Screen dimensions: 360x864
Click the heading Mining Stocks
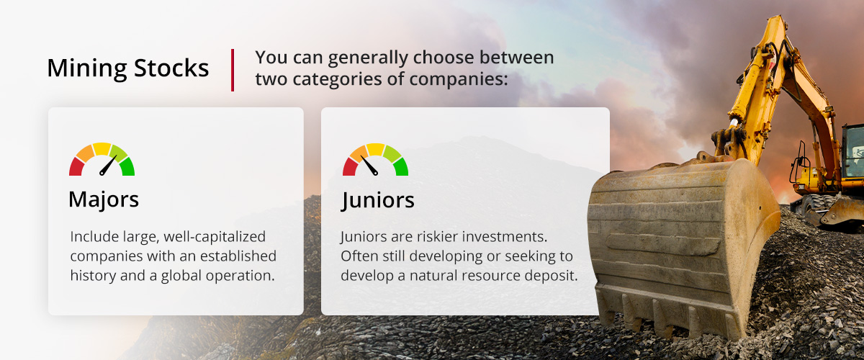[128, 69]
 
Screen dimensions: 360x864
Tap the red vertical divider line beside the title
[233, 70]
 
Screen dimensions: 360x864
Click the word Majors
[104, 199]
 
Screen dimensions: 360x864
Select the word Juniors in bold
[377, 199]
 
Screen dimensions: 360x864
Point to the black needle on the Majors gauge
[108, 166]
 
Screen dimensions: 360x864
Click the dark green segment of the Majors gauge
[127, 167]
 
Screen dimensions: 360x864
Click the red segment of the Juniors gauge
[350, 168]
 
